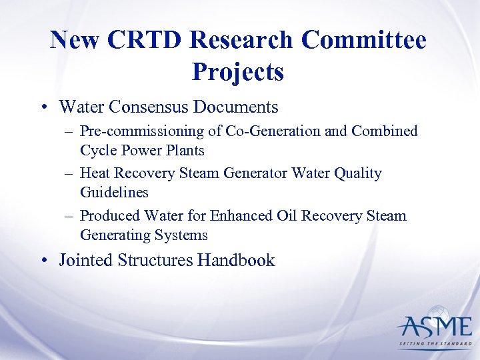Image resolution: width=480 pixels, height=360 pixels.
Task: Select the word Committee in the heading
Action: (363, 41)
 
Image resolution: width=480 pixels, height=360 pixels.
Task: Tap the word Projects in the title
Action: (238, 71)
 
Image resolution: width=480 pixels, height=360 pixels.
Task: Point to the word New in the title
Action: (75, 41)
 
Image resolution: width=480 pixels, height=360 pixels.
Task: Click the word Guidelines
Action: (114, 193)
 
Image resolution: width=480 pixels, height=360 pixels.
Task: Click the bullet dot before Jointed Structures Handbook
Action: (43, 261)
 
